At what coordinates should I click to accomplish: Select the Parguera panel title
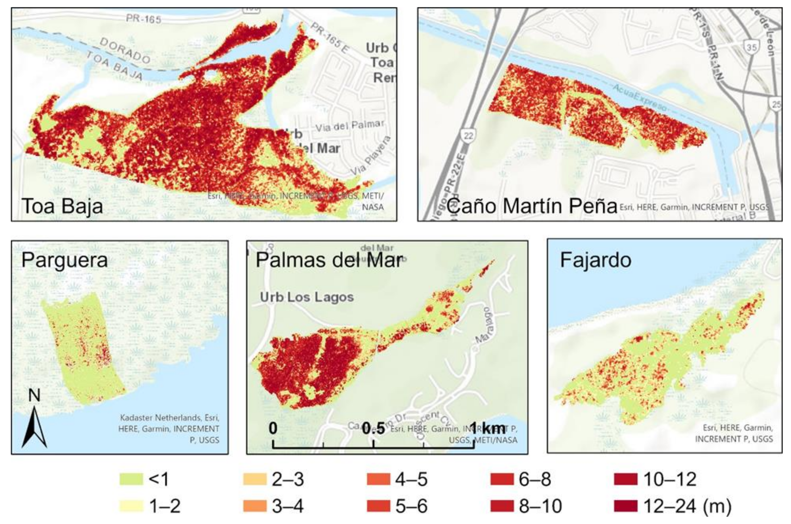pos(65,260)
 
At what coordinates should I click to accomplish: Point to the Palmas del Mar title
pos(329,260)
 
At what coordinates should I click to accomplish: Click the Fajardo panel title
pos(596,260)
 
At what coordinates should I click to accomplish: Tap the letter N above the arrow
pos(34,395)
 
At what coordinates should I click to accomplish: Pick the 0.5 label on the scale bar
pos(373,428)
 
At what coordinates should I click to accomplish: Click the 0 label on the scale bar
pos(273,428)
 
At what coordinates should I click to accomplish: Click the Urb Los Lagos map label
pos(307,297)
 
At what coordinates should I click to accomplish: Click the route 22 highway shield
pos(468,135)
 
